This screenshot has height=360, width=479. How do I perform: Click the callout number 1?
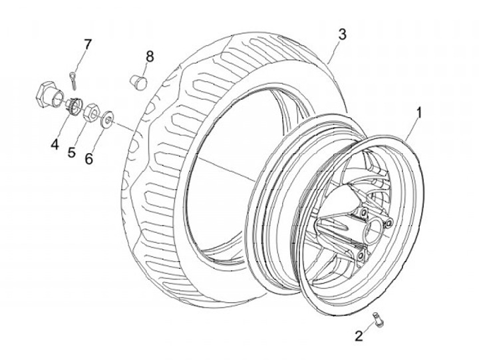(418, 112)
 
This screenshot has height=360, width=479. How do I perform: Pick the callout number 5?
(71, 152)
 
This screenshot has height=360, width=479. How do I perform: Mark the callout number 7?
(86, 45)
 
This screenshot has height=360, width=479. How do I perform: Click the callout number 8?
(149, 57)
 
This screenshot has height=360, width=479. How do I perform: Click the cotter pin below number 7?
(73, 79)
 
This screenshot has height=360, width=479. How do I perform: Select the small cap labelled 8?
(138, 82)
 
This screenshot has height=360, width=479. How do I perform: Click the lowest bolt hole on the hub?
(360, 256)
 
